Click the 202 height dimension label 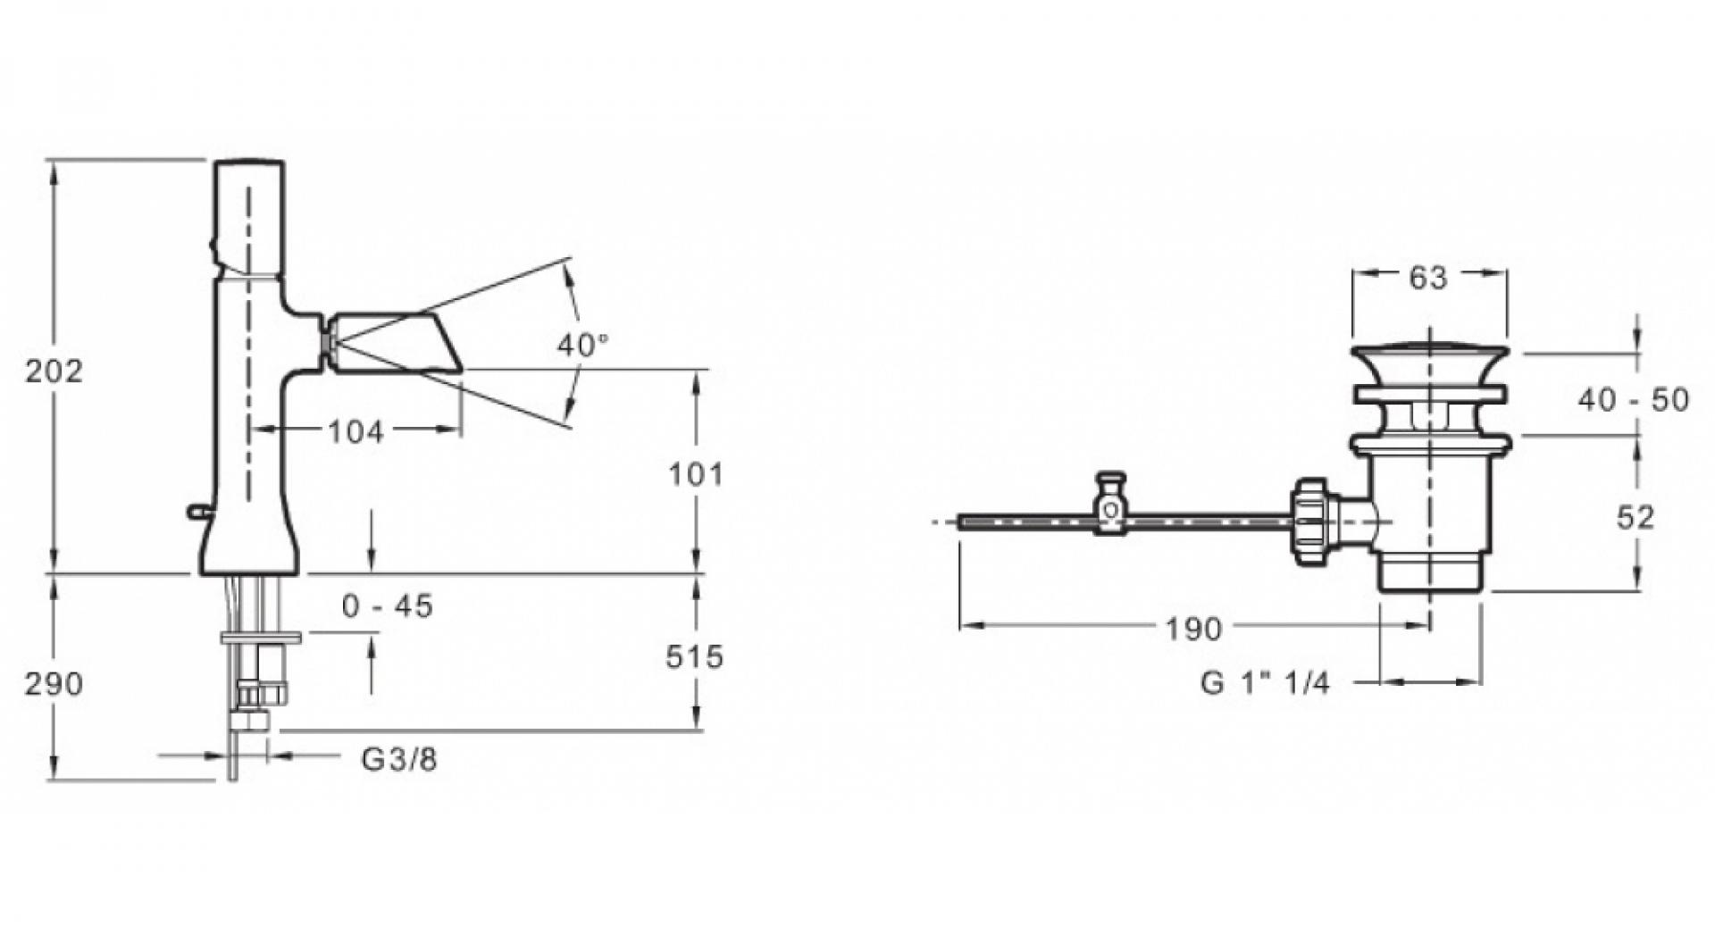tap(54, 370)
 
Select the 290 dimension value tap(54, 684)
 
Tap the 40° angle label tap(582, 345)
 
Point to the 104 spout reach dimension tap(356, 431)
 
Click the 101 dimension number tap(696, 474)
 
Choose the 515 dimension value tap(694, 657)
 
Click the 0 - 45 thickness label tap(387, 606)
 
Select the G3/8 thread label tap(399, 760)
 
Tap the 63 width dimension tap(1427, 279)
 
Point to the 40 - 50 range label tap(1633, 399)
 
